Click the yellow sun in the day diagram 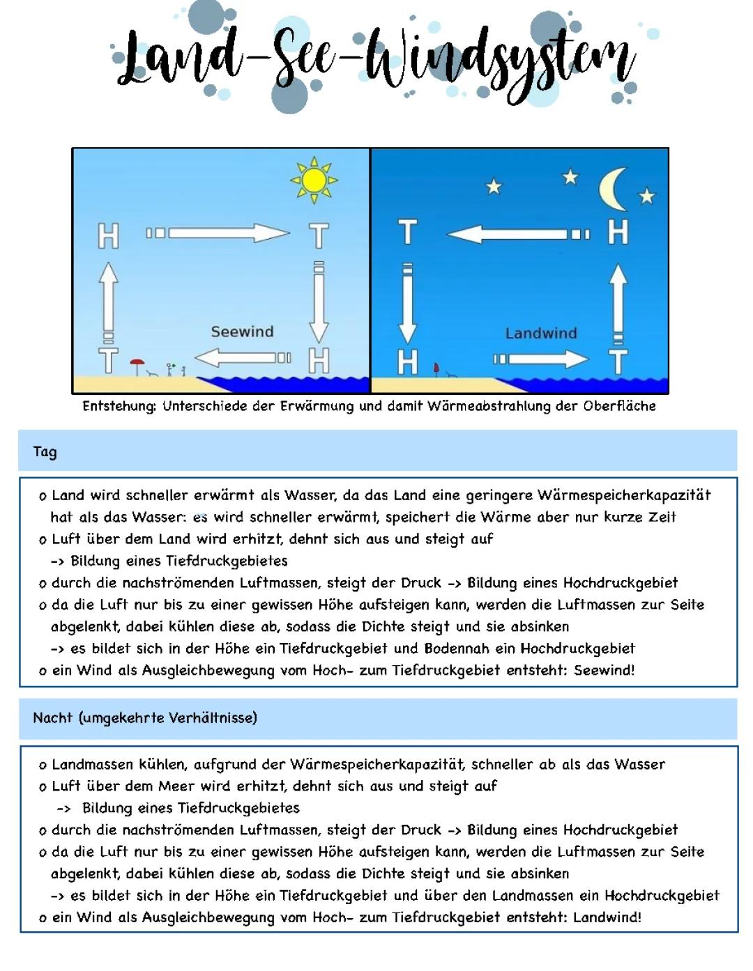point(314,180)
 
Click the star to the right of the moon point(647,196)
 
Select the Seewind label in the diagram point(242,332)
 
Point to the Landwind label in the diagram point(541,333)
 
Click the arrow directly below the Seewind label point(242,358)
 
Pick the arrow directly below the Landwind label point(542,359)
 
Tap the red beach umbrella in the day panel point(137,364)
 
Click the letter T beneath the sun point(319,235)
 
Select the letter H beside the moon point(618,232)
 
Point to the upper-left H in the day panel point(108,235)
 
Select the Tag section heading point(45,451)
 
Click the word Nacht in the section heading point(53,717)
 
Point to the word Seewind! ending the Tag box point(604,670)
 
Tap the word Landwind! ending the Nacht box point(607,917)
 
